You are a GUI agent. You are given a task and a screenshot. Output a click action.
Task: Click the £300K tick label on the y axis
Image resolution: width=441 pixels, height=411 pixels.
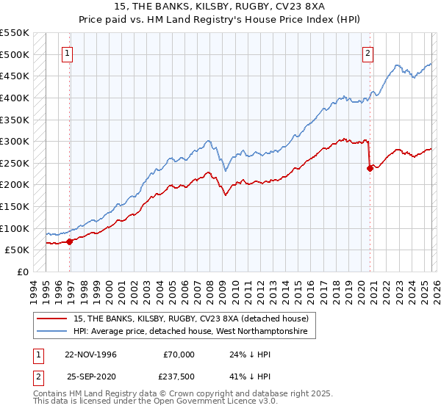click(15, 141)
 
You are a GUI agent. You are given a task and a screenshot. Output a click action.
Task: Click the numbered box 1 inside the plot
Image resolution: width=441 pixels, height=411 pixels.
click(67, 53)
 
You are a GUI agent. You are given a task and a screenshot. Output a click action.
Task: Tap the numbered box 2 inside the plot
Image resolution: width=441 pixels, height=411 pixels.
click(367, 53)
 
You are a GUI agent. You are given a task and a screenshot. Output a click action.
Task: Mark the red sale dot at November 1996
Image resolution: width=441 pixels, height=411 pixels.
click(70, 241)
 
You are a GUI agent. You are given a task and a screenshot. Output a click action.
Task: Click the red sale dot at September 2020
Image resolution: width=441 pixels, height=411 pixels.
click(370, 168)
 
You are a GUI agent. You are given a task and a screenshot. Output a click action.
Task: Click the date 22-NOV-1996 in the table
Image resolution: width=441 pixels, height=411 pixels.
click(90, 354)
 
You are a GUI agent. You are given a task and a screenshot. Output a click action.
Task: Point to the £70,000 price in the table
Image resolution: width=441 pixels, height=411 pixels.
click(179, 354)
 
